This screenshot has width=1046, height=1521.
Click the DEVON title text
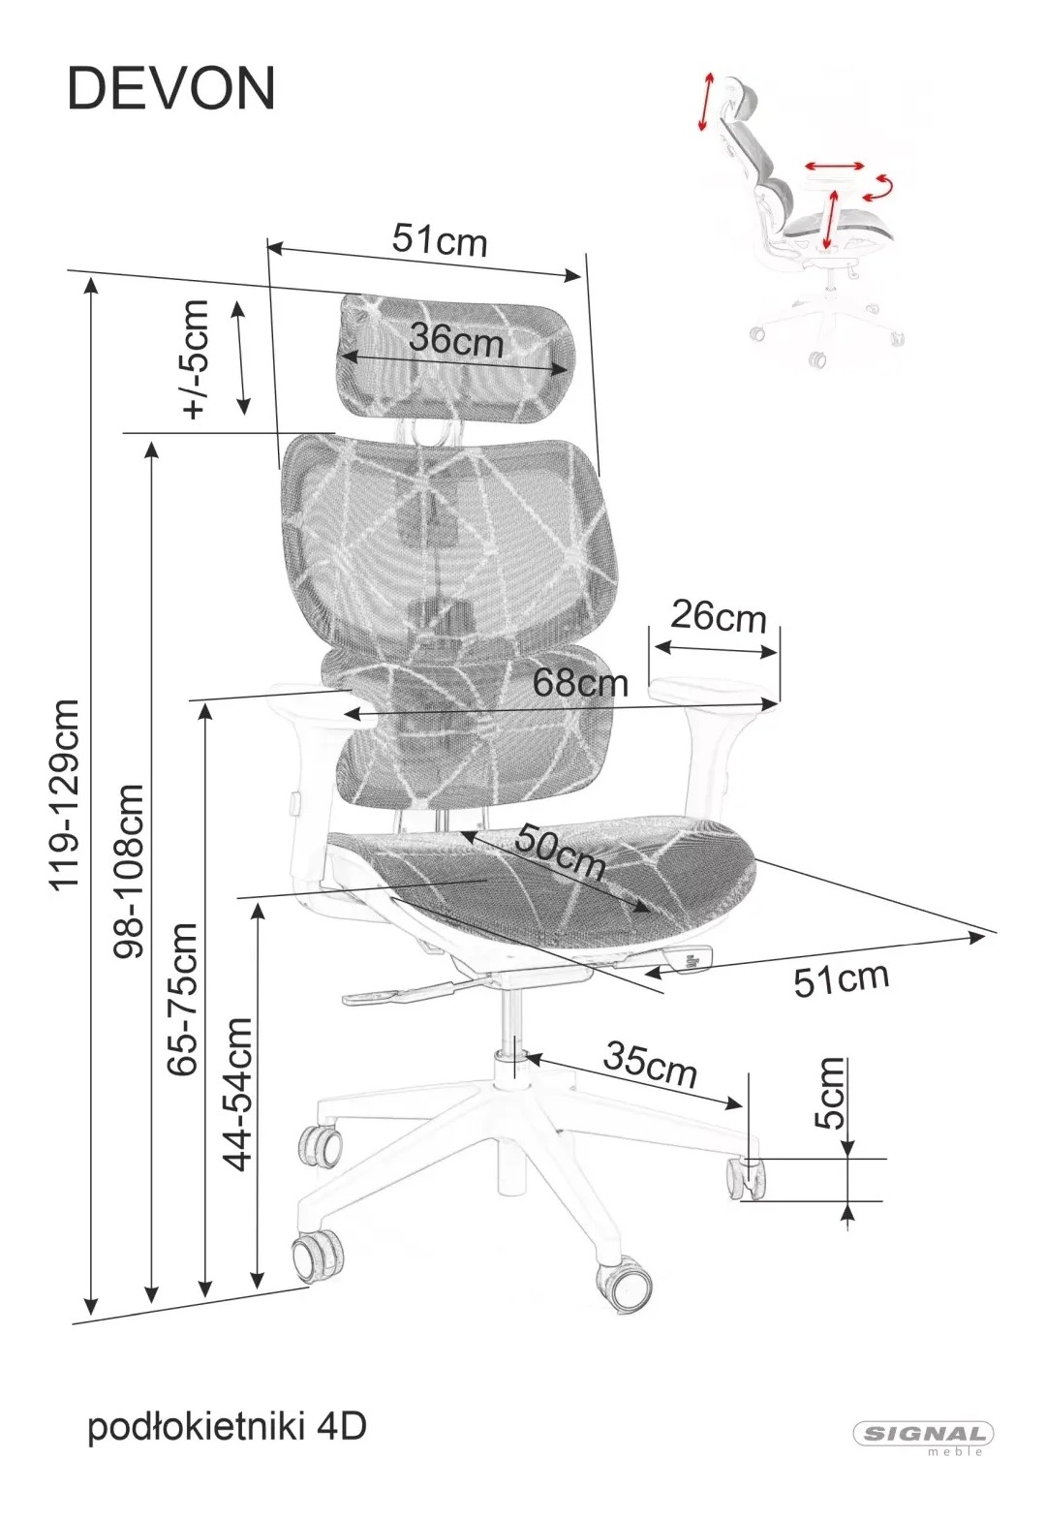click(x=171, y=89)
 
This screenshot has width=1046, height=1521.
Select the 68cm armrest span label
click(x=580, y=682)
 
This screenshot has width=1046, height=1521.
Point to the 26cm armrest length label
click(x=718, y=617)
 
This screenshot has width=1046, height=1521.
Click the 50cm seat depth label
click(x=559, y=853)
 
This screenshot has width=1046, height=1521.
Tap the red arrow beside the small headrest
click(x=706, y=101)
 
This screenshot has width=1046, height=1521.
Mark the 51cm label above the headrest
click(x=440, y=239)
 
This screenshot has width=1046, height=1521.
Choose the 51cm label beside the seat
click(x=841, y=978)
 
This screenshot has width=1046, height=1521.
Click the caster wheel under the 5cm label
click(x=745, y=1177)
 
